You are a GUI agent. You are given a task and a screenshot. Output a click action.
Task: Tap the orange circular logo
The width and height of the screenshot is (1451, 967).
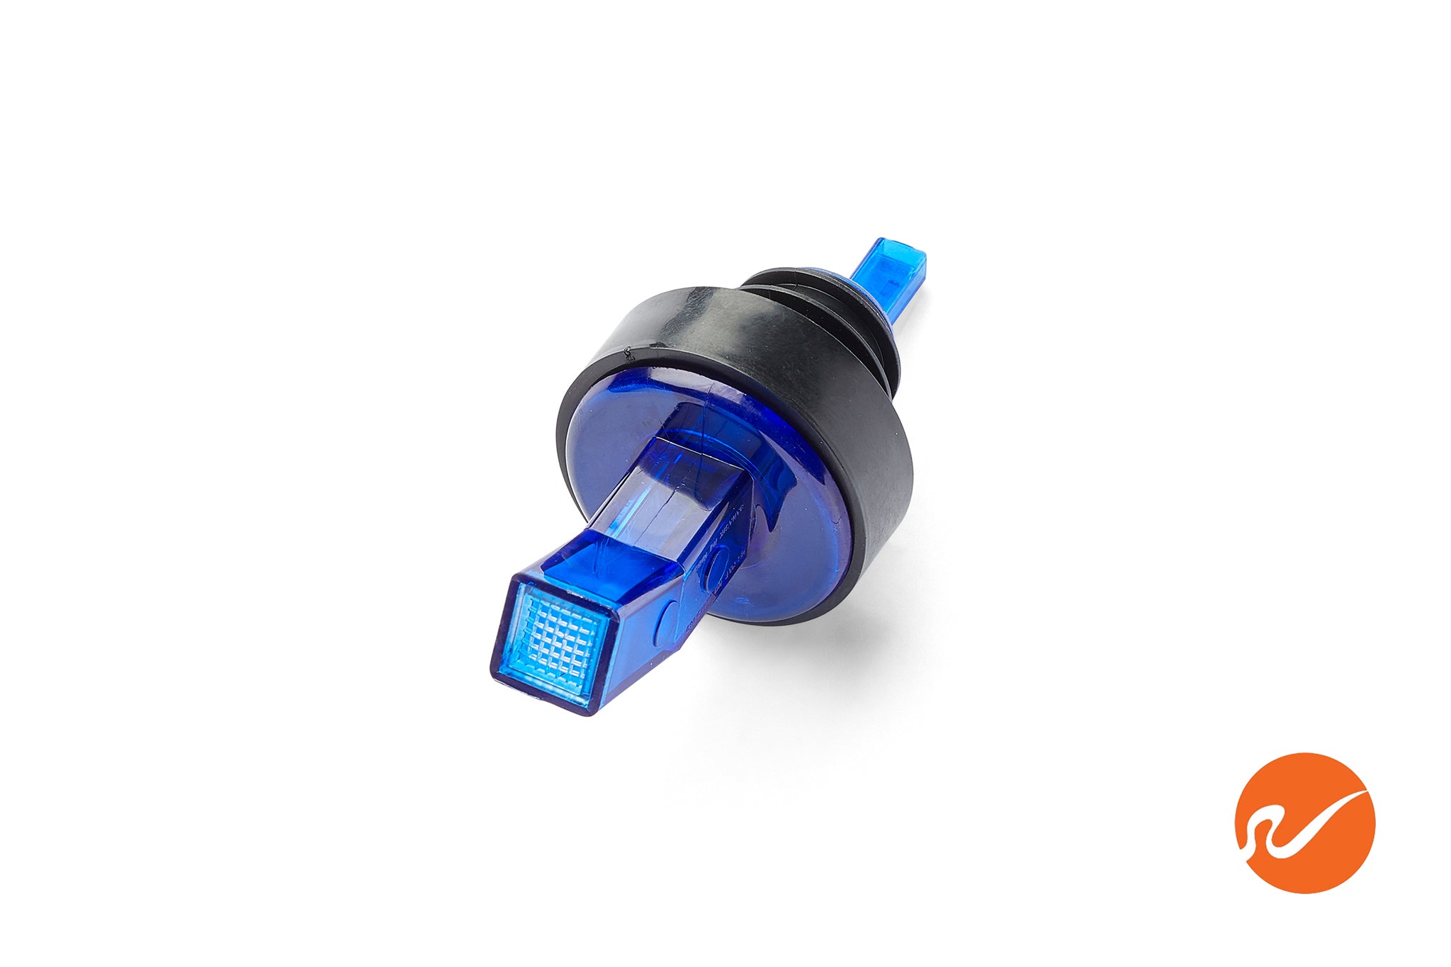click(x=1304, y=822)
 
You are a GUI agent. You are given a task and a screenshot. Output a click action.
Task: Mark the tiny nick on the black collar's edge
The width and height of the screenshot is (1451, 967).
click(x=626, y=349)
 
